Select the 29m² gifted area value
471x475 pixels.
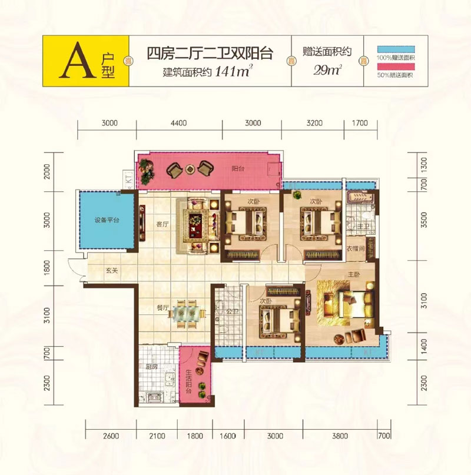[329, 72]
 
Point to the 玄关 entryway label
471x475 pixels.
[112, 271]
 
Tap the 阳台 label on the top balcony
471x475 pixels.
[238, 168]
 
